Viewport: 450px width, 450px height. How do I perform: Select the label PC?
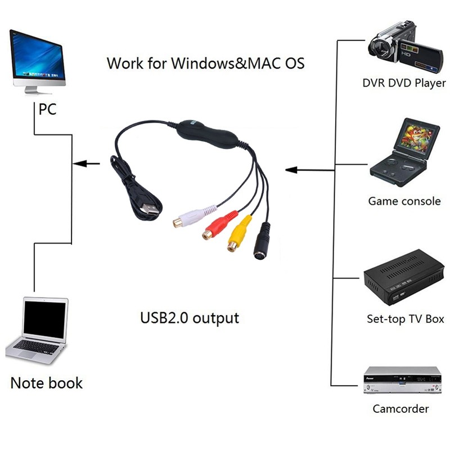pyautogui.click(x=47, y=109)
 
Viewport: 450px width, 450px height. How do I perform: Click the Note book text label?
pyautogui.click(x=47, y=383)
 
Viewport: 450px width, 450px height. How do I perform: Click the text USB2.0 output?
pyautogui.click(x=189, y=318)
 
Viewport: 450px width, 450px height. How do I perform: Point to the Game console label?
pyautogui.click(x=404, y=201)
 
